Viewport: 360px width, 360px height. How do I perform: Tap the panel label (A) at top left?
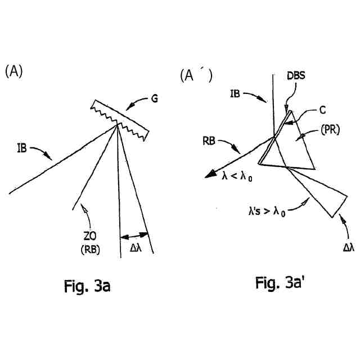pyautogui.click(x=13, y=71)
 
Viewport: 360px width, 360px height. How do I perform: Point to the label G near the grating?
pyautogui.click(x=154, y=100)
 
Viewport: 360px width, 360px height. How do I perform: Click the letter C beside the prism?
pyautogui.click(x=322, y=110)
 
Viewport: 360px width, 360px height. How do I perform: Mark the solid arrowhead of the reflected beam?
pyautogui.click(x=210, y=175)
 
